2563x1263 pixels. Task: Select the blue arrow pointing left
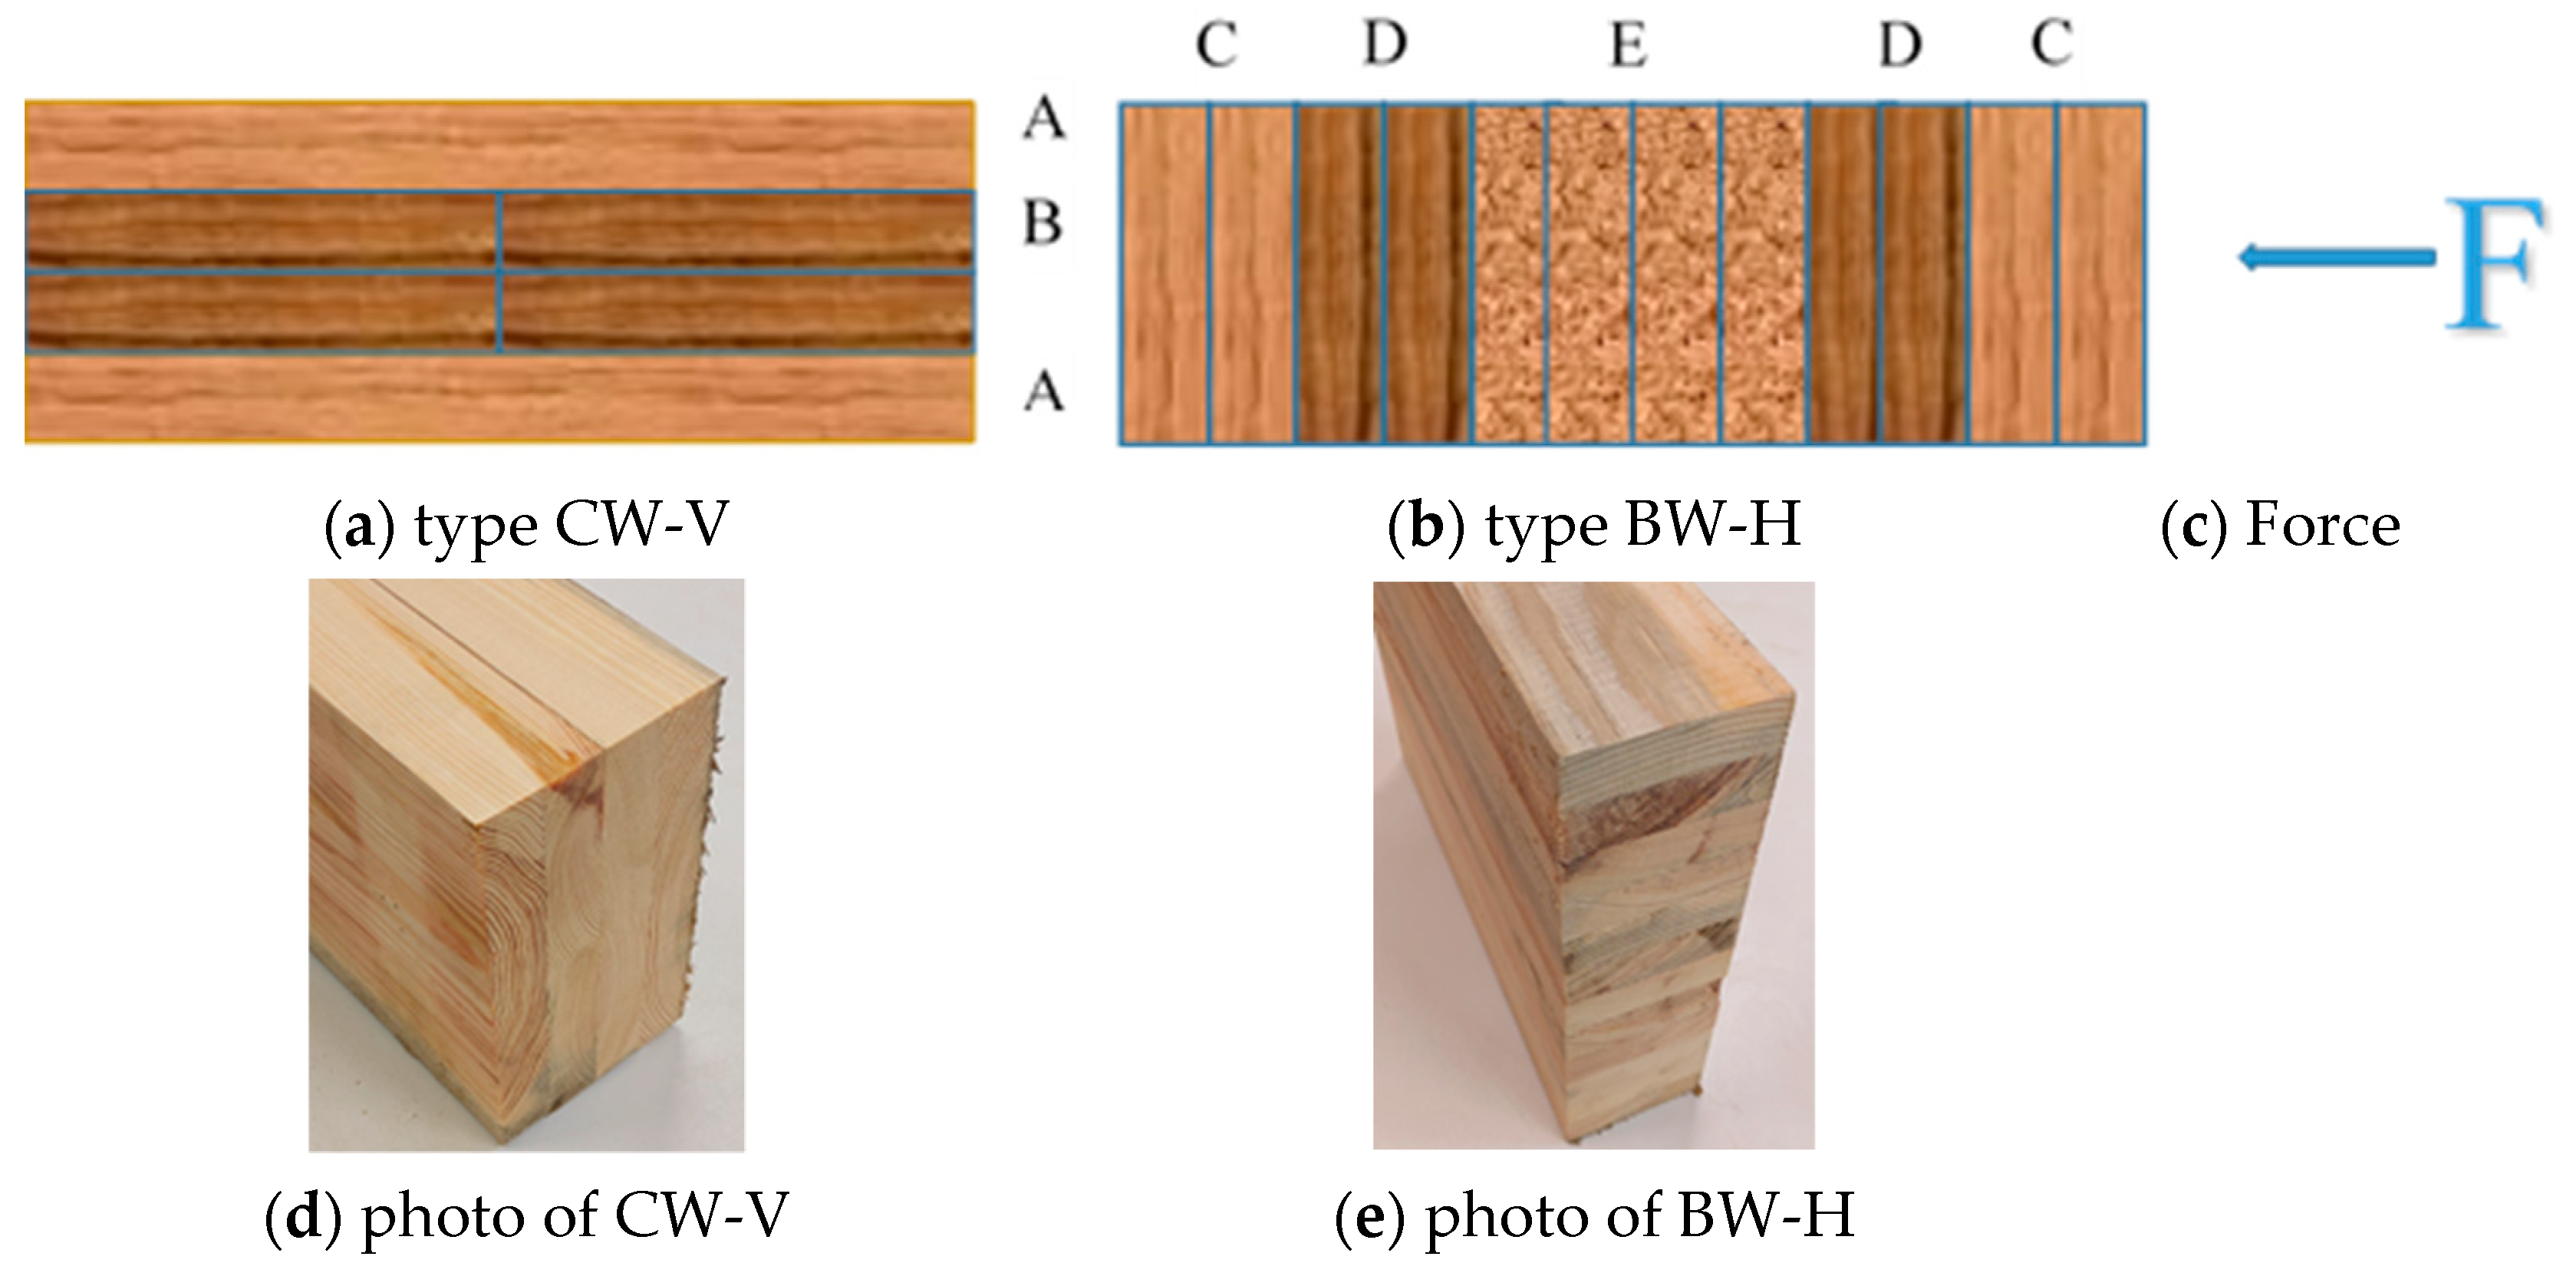(2333, 259)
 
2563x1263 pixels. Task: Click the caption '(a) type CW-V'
(527, 525)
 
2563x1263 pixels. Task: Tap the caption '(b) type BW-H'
(1594, 525)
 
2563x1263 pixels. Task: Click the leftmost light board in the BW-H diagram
(1164, 274)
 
